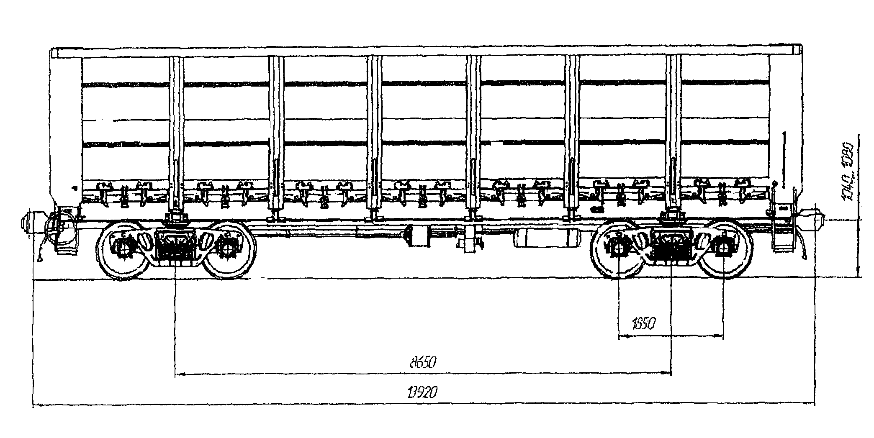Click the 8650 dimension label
[423, 362]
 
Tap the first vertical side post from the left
[176, 134]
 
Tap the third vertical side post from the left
[374, 134]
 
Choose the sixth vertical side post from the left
[673, 134]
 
